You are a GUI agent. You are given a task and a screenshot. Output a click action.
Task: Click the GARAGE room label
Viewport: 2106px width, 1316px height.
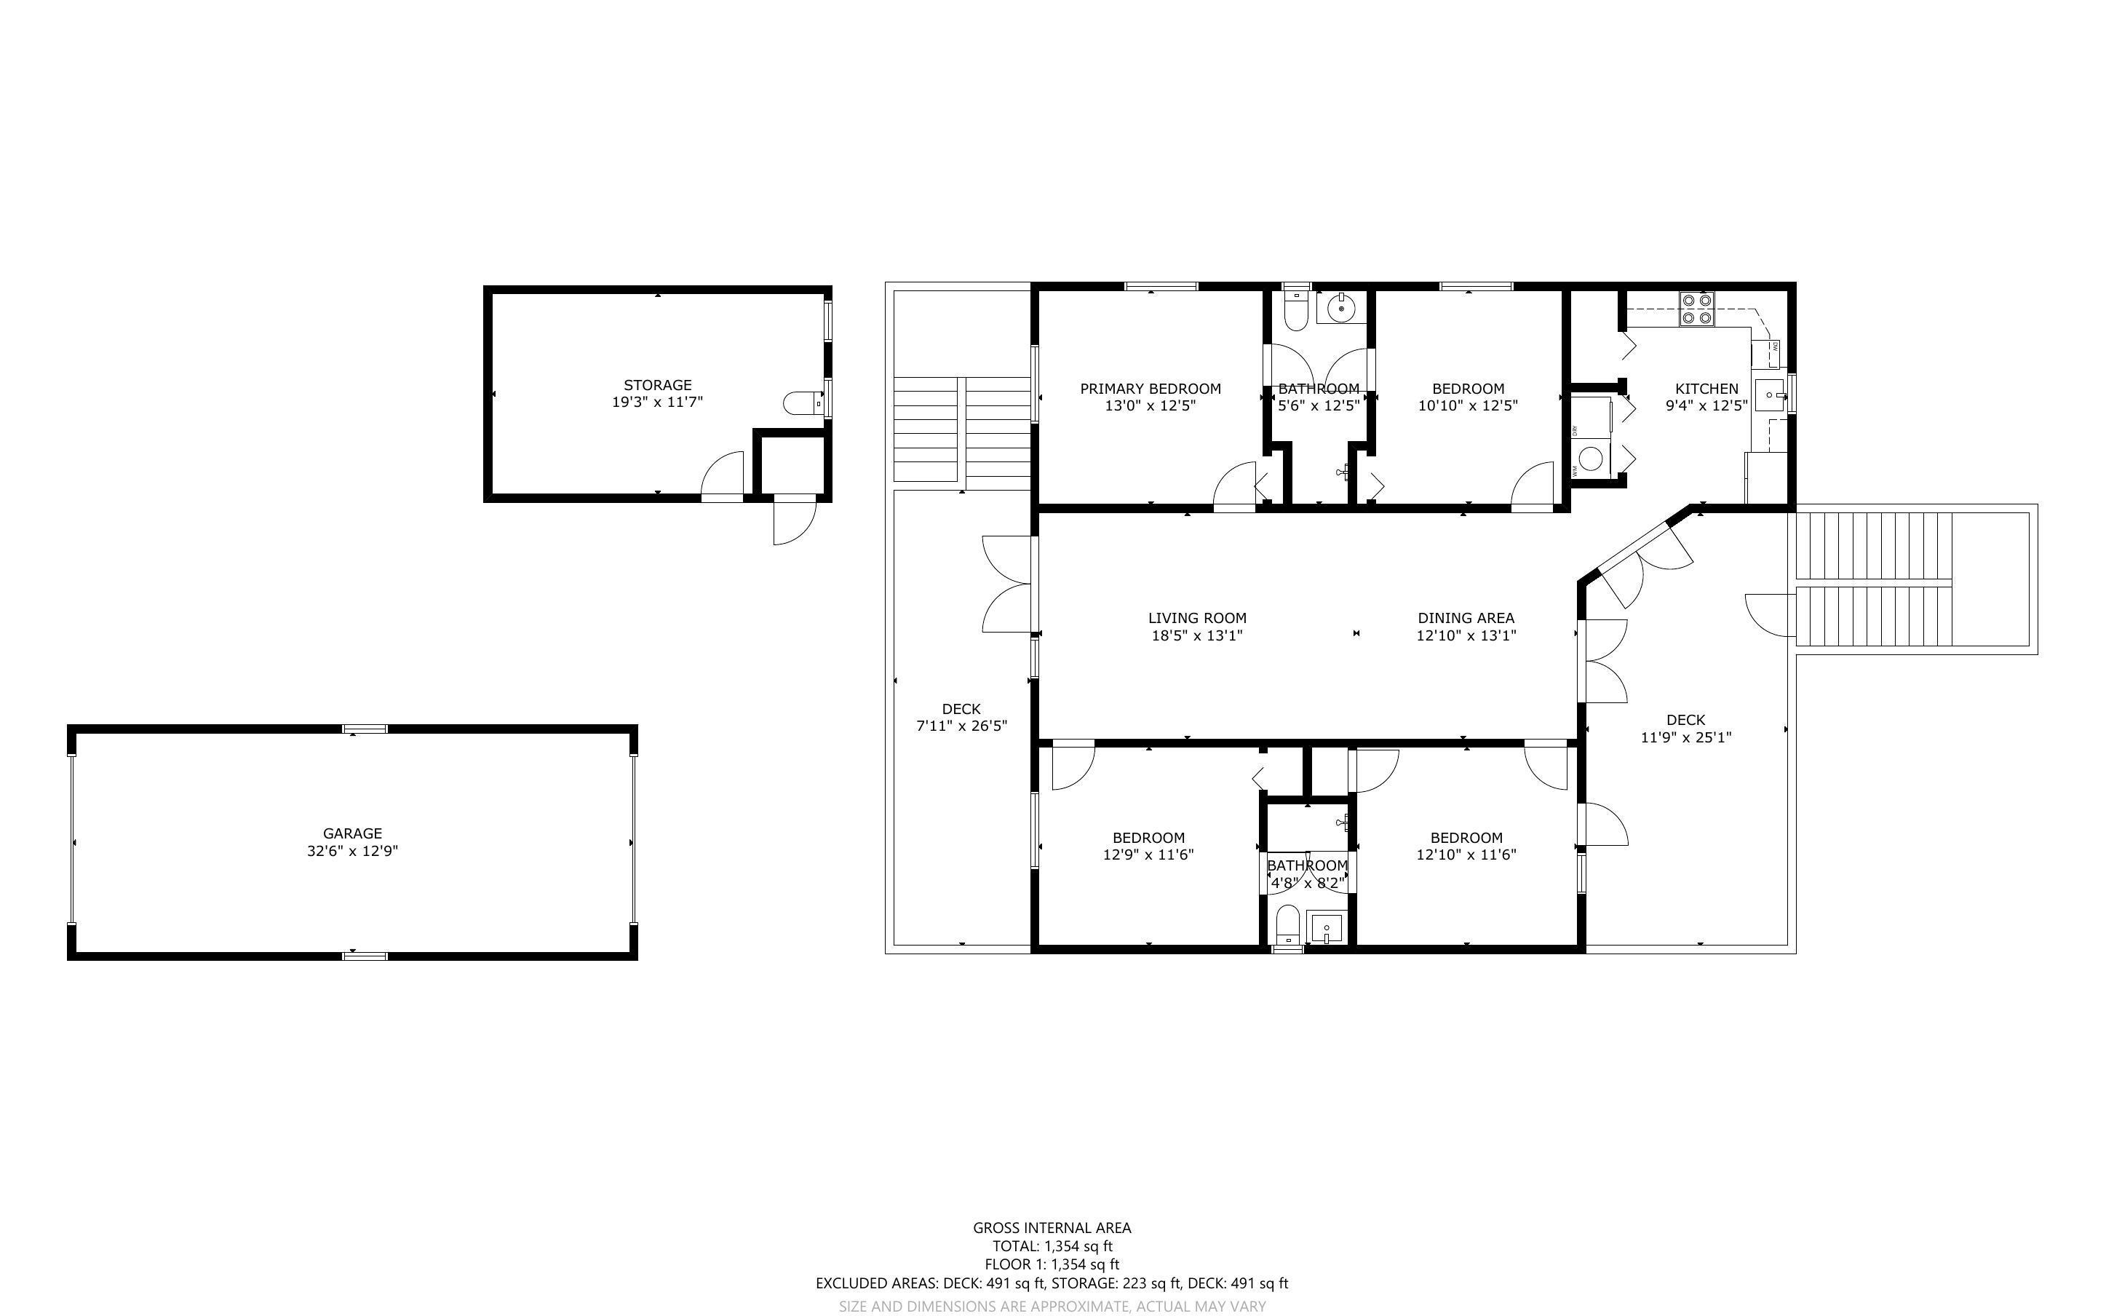click(352, 833)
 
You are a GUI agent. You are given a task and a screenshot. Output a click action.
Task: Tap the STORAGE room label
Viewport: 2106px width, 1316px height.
click(658, 385)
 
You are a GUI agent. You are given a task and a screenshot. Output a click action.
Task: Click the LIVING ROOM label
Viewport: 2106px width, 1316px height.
click(1197, 618)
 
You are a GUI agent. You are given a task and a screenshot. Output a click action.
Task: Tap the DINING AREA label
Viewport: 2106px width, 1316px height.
click(1466, 618)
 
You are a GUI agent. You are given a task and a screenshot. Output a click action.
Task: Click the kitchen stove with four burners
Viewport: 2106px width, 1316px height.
click(1696, 307)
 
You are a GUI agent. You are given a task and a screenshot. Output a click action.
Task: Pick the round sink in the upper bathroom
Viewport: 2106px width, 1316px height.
click(1342, 307)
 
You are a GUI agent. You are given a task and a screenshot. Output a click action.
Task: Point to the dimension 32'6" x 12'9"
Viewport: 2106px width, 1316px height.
click(352, 851)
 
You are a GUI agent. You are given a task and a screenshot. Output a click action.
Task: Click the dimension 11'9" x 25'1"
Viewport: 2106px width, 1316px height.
click(1686, 737)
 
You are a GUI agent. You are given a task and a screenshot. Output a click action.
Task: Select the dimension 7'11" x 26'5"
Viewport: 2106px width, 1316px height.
click(961, 726)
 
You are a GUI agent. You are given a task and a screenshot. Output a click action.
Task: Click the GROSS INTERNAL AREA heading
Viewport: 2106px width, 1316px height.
click(1052, 1228)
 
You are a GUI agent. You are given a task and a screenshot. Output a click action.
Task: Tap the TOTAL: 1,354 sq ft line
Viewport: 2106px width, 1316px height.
click(1052, 1246)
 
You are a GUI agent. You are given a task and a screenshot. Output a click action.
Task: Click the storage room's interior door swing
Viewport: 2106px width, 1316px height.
click(723, 475)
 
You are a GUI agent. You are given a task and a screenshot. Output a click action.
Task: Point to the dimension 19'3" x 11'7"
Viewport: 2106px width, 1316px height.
click(658, 402)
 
